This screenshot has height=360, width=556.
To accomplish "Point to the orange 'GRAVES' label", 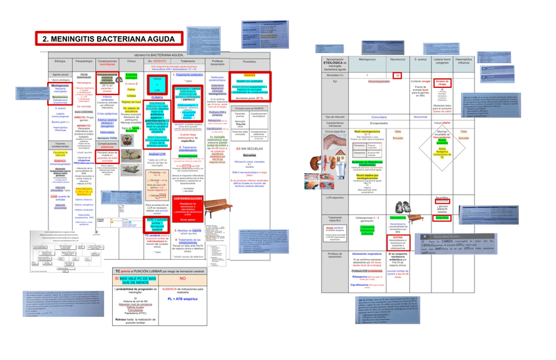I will [249, 75].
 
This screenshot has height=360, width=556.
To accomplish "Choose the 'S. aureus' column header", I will [421, 60].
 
